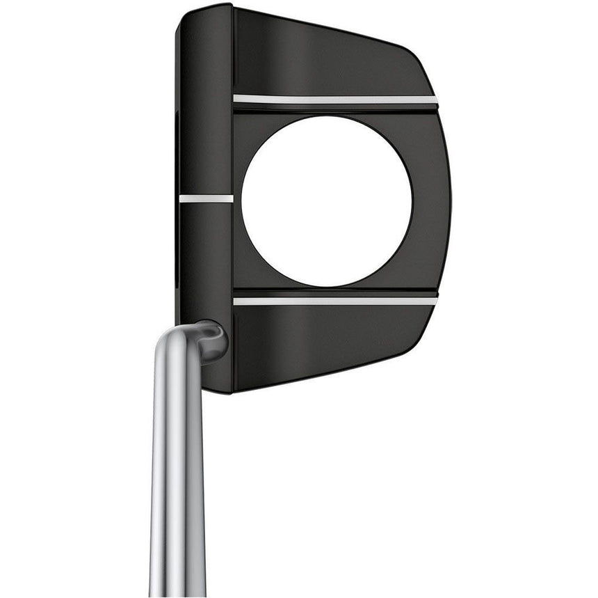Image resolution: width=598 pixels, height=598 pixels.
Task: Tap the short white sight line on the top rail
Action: point(206,198)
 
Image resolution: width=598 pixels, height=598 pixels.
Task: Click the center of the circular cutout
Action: point(327,201)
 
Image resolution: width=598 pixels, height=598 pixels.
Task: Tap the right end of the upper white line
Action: point(435,100)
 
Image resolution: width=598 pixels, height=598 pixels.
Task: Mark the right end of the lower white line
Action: point(435,301)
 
